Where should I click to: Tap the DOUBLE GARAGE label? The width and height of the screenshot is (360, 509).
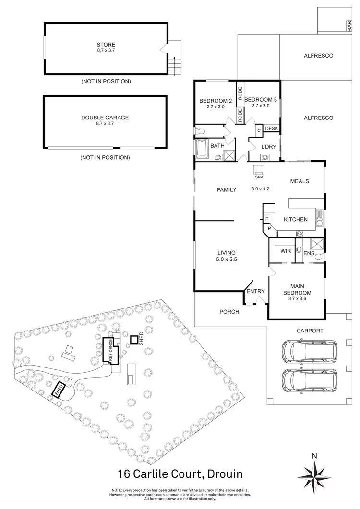(106, 117)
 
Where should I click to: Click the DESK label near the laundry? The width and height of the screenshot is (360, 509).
(271, 129)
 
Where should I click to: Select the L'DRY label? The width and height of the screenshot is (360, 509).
(268, 147)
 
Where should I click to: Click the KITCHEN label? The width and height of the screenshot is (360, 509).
(296, 219)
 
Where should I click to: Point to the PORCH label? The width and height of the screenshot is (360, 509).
(229, 312)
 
